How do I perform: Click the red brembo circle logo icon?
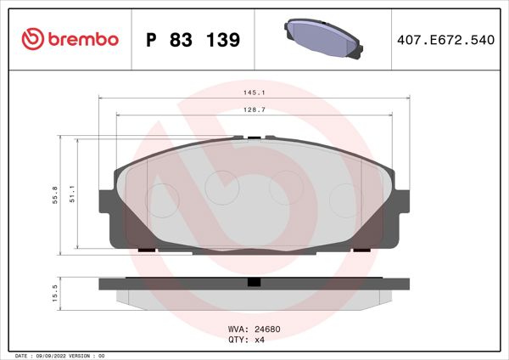(x=31, y=39)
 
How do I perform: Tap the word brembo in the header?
(x=81, y=40)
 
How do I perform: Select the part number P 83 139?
(x=193, y=40)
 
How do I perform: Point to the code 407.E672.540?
(x=445, y=40)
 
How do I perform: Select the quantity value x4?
(x=261, y=339)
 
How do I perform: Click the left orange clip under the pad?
(x=146, y=250)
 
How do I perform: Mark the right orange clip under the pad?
(x=361, y=250)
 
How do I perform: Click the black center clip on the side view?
(x=253, y=283)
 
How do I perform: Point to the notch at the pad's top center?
(x=252, y=137)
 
